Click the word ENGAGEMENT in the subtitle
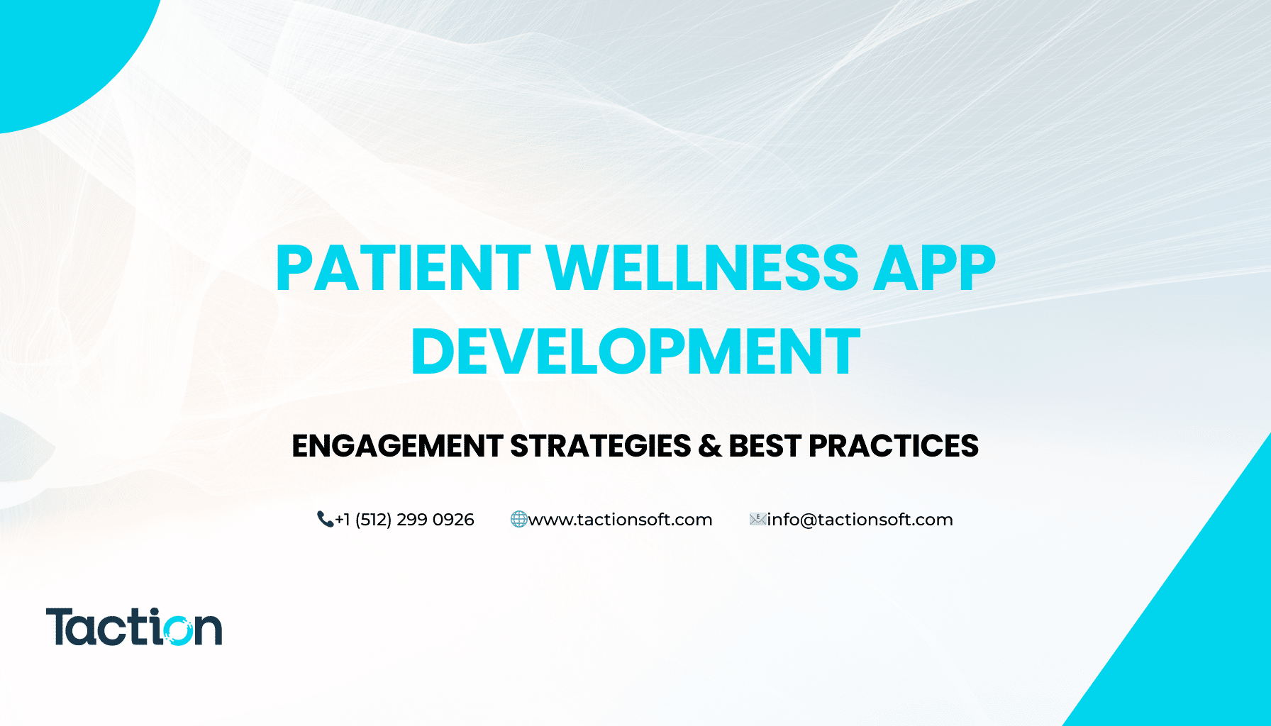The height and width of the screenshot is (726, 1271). pos(397,446)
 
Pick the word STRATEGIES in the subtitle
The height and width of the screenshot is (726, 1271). pos(600,446)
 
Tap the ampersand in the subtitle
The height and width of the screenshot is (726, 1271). pos(709,446)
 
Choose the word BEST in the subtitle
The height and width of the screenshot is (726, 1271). pos(765,446)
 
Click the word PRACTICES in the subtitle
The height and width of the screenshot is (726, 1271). pos(894,446)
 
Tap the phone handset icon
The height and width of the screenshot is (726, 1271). pos(325,520)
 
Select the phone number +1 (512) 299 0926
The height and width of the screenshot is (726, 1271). pos(404,520)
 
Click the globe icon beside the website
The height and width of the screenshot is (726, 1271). pos(519,520)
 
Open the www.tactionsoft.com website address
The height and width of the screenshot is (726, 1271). pos(621,520)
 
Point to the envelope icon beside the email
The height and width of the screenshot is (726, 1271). pos(757,520)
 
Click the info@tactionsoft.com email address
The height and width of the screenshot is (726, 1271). pos(860,520)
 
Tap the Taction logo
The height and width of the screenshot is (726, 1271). pos(134,627)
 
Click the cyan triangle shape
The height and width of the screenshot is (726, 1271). pos(1199,624)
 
